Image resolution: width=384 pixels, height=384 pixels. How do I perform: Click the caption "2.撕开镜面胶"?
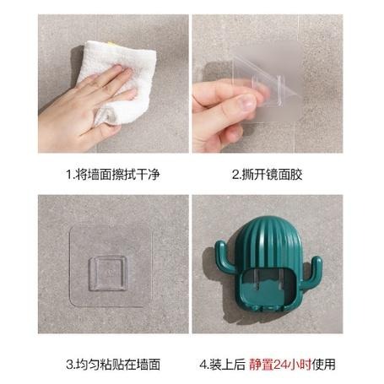click(268, 175)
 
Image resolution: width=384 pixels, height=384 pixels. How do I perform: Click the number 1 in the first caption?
click(70, 175)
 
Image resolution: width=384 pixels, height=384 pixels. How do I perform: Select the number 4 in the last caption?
click(203, 365)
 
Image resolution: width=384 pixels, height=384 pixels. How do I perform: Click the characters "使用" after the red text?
click(324, 365)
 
